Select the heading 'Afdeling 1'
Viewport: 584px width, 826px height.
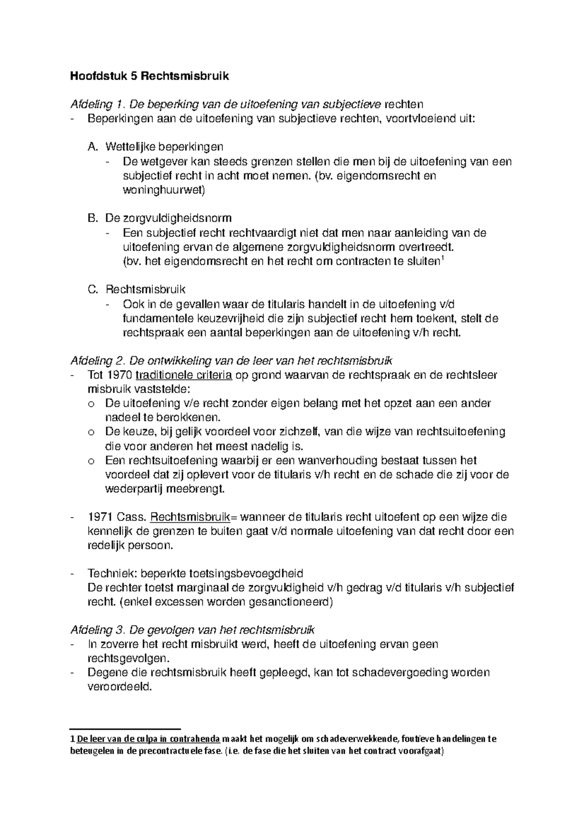click(x=97, y=104)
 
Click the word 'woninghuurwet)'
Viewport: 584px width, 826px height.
click(x=164, y=190)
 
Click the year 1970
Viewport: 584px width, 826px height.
click(x=118, y=376)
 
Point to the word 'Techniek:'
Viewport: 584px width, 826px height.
click(x=106, y=574)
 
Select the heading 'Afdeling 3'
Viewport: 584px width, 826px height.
click(x=98, y=630)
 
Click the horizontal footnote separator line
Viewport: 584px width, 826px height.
click(x=125, y=729)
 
